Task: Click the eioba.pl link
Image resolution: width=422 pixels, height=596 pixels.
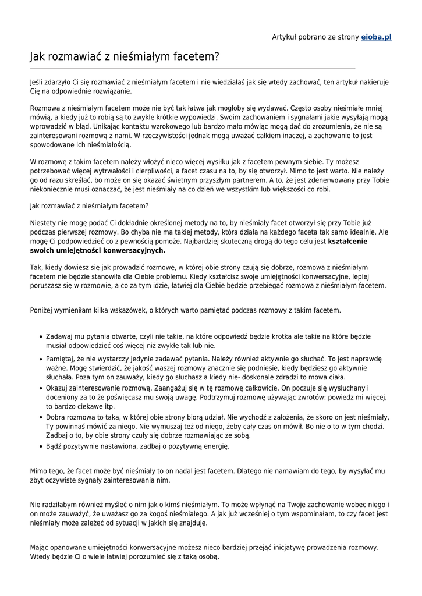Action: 376,37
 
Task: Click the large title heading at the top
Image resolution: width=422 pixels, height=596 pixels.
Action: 125,56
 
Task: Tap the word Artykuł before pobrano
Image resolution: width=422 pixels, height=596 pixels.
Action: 286,37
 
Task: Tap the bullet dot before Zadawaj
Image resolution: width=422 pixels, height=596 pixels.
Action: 40,336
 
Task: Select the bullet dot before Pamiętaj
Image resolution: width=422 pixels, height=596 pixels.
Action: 40,360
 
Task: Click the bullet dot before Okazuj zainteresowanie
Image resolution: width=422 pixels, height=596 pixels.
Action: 40,388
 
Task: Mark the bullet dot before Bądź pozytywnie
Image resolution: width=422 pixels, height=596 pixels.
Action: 40,446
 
